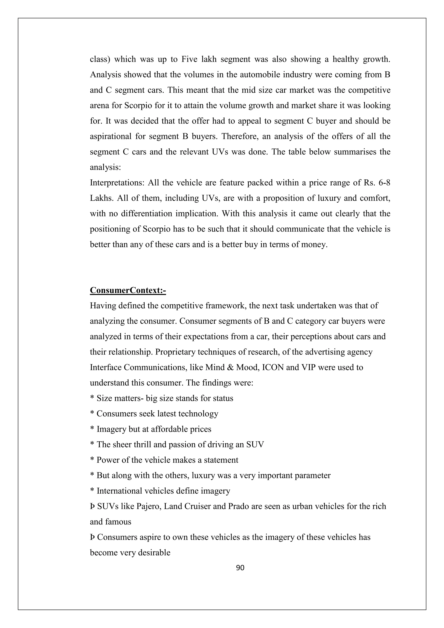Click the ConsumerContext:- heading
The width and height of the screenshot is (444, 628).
click(x=128, y=290)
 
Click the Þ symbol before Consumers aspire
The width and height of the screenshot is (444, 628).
click(x=92, y=537)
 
